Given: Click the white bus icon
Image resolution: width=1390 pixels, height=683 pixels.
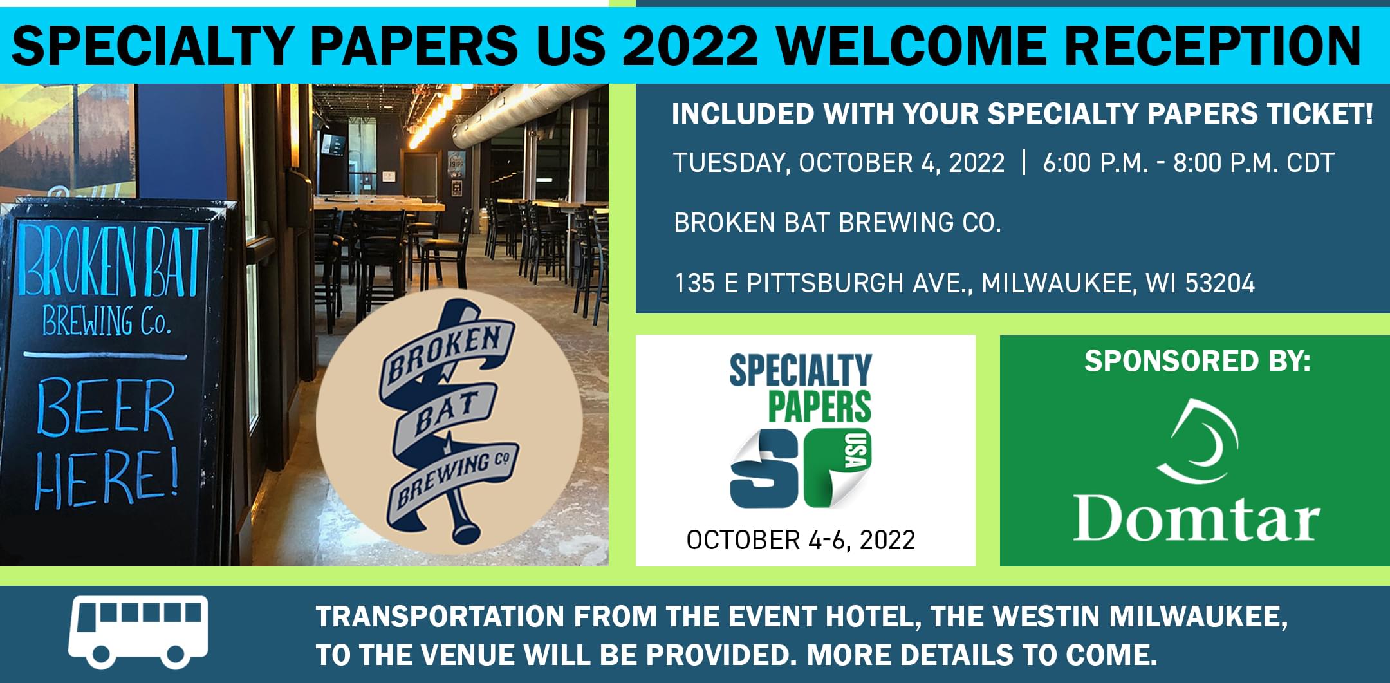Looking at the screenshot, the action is click(x=139, y=632).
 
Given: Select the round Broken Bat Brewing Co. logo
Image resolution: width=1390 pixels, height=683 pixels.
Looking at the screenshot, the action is click(x=449, y=421).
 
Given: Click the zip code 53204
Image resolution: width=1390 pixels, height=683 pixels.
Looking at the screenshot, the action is click(x=1220, y=283).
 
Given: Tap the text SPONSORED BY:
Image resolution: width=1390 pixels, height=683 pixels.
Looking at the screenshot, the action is click(x=1198, y=360).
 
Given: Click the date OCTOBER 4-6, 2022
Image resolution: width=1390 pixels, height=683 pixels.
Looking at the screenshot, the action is click(x=801, y=540).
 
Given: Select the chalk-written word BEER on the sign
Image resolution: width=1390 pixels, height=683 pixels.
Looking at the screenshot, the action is click(x=104, y=409).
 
